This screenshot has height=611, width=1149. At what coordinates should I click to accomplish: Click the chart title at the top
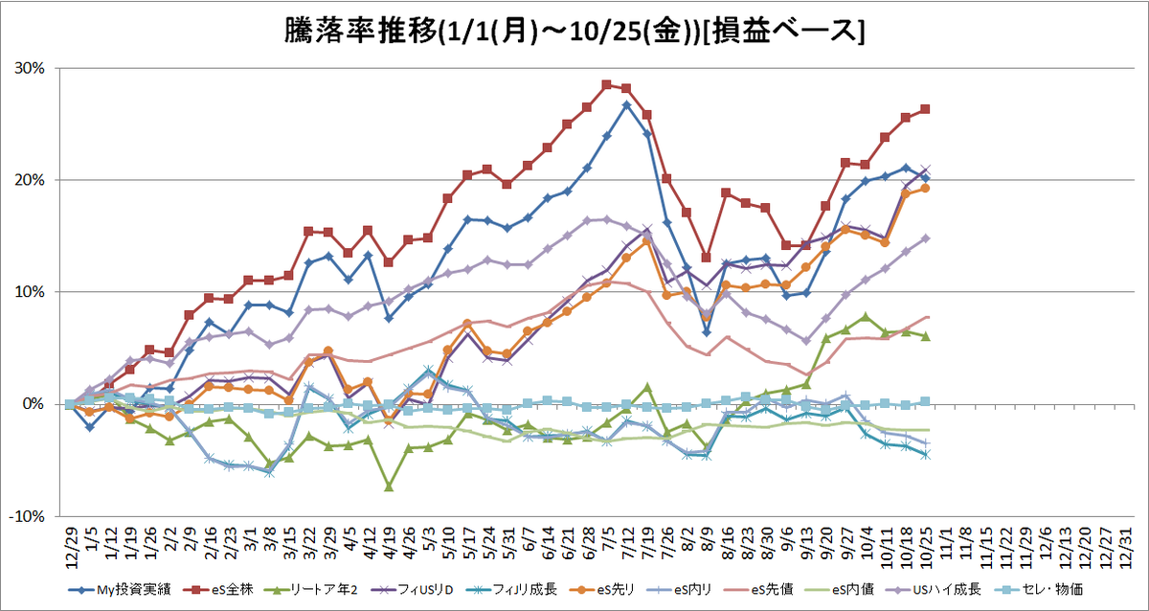tap(574, 32)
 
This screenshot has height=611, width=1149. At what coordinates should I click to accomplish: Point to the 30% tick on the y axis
tap(30, 68)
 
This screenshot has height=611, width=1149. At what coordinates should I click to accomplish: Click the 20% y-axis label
tap(30, 180)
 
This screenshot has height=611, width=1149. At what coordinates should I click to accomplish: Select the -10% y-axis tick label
tap(27, 516)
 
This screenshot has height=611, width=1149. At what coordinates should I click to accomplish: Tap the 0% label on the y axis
tap(34, 404)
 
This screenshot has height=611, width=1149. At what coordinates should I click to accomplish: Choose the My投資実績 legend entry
tap(120, 590)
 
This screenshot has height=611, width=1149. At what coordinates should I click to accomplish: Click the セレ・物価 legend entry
tap(1039, 590)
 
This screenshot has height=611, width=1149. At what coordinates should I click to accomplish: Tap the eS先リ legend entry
tap(602, 590)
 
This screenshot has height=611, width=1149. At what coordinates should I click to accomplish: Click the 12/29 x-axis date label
tap(72, 548)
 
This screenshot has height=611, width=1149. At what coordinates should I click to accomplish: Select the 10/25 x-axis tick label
tap(927, 548)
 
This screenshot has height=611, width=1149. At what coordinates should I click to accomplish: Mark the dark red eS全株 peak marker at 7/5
tap(606, 84)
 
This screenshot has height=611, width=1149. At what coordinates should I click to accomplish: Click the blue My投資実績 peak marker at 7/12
tap(626, 105)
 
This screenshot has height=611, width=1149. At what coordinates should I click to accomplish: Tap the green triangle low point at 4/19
tap(389, 487)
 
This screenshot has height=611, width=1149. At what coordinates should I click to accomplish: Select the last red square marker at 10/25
tap(925, 109)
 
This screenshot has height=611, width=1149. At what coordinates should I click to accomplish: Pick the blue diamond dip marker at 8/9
tap(707, 332)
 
